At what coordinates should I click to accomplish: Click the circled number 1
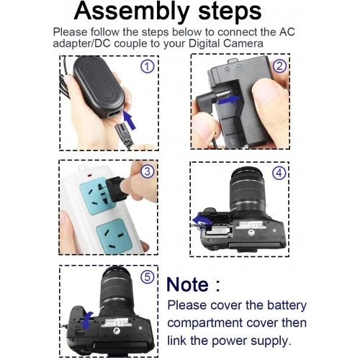point(147,66)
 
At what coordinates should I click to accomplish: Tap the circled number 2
point(280,66)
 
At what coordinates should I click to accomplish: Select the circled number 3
point(147,171)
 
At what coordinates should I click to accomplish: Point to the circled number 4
point(279,173)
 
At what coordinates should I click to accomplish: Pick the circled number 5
point(147,277)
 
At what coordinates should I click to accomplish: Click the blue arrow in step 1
point(130,121)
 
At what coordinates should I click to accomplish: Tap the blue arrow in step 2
point(229,99)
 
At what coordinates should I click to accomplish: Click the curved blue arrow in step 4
point(201,220)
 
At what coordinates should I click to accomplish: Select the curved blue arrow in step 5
point(86,320)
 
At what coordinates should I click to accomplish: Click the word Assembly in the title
point(132,12)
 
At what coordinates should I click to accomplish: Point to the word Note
point(187,284)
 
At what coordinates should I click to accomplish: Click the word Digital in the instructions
point(204,43)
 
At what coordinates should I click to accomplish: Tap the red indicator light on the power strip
point(89,176)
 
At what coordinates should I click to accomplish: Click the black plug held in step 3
point(117,189)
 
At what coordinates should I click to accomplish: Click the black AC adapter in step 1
point(99,87)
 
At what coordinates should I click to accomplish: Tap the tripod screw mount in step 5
point(115,331)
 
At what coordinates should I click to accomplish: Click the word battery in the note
point(287,305)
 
